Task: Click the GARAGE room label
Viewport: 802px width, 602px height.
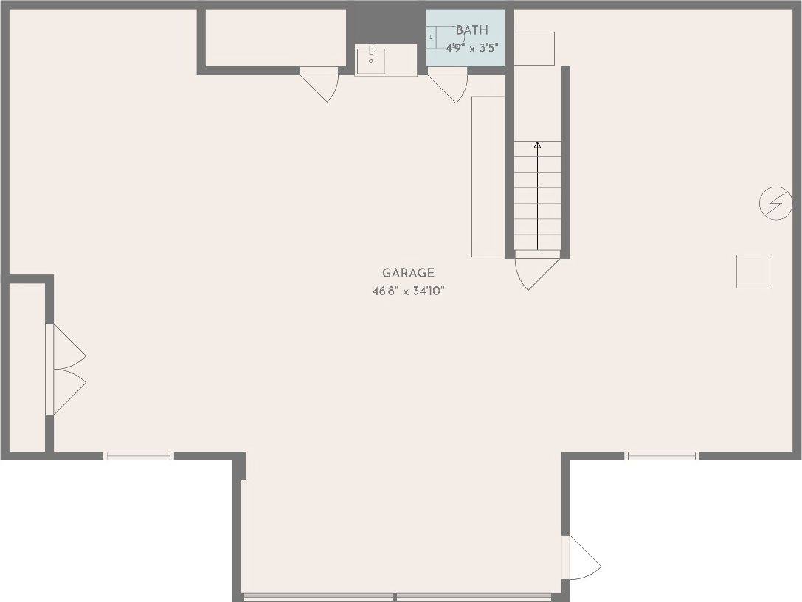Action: (x=408, y=273)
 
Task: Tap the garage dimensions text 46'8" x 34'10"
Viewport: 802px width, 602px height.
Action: (x=408, y=291)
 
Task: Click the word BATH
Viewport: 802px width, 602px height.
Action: (x=471, y=30)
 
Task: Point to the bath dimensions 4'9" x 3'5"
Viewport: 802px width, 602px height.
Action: (x=471, y=48)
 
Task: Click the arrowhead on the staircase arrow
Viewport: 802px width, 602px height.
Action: (x=537, y=145)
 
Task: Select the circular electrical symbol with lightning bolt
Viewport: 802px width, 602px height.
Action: (x=775, y=203)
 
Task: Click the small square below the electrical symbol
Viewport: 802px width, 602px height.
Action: (x=753, y=271)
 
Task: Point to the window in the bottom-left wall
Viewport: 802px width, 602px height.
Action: (x=139, y=456)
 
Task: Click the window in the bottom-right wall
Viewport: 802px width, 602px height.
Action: (x=661, y=456)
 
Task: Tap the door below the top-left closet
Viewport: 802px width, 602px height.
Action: (x=319, y=84)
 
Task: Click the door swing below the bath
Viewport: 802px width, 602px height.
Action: (x=448, y=86)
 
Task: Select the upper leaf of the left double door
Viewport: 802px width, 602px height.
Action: (x=66, y=346)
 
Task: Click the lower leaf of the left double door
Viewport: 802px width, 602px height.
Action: (x=66, y=392)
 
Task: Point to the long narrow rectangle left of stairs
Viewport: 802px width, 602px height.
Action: (x=488, y=176)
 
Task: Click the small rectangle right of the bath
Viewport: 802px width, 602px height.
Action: (x=534, y=49)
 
